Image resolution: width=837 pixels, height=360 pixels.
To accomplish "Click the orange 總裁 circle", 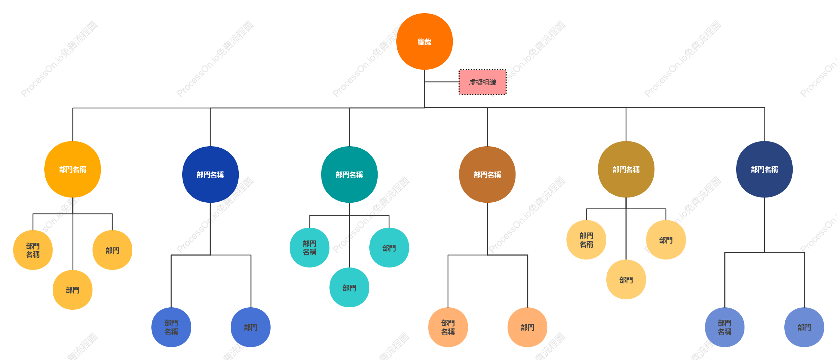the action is point(424,42).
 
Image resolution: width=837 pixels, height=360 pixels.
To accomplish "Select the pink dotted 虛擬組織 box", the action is point(483,82).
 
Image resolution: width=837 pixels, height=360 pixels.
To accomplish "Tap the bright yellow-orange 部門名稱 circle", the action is point(73,169).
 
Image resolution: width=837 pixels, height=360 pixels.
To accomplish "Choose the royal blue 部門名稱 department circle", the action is point(210,175).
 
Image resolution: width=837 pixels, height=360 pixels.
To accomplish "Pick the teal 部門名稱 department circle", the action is point(349,175).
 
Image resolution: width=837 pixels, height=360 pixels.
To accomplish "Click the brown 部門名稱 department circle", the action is point(487,175).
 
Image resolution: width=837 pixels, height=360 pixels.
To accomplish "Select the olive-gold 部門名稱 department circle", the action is point(626,169).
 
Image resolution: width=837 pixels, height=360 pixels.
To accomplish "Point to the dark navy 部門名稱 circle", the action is point(764,169).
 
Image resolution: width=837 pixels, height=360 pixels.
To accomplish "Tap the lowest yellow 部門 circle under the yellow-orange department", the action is point(72,290).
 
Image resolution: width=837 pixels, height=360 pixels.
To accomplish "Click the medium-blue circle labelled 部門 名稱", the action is point(171,327).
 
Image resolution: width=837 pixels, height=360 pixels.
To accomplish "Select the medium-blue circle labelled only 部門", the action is point(250,327).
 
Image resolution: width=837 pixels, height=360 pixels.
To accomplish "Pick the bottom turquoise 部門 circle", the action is point(349,288).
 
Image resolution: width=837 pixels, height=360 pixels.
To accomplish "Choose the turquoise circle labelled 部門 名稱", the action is point(309,248).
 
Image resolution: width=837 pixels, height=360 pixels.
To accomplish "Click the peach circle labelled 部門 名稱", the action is point(448,327).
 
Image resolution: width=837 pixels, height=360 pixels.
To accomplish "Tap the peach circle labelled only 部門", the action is point(527,327).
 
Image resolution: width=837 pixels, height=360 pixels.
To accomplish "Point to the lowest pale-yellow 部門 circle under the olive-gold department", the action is point(626,280).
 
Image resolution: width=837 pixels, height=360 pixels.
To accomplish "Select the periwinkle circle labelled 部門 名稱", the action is point(725,327).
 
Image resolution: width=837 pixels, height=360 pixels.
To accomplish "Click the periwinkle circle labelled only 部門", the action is point(804,327).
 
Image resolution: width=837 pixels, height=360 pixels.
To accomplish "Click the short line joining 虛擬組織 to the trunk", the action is point(442,82).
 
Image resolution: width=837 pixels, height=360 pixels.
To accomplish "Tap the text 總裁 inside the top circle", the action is point(424,42).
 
